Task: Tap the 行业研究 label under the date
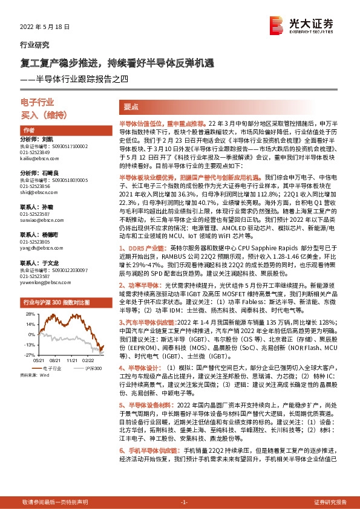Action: tap(35, 45)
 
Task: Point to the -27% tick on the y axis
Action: tap(29, 355)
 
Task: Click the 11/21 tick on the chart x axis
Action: tap(73, 360)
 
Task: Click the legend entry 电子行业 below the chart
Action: tap(52, 368)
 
